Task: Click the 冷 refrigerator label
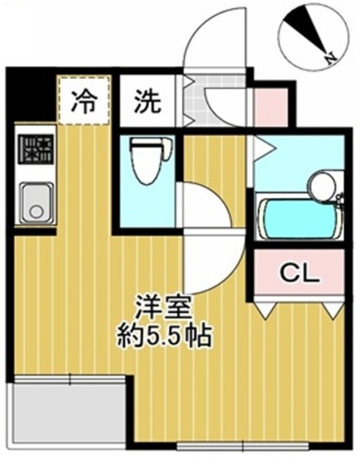84,102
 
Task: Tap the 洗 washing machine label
148,102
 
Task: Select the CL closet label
299,274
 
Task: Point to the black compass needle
304,32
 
